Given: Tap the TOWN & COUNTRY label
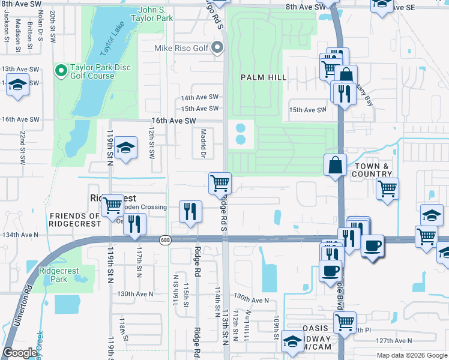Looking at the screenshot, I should coord(372,170).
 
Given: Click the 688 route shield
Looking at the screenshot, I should coord(165,240).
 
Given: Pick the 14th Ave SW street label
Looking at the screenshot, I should coord(200,97).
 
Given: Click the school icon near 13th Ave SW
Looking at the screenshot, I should coord(18,85).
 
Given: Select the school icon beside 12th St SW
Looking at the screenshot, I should coord(126,148).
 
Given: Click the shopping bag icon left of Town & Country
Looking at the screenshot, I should coord(334,165).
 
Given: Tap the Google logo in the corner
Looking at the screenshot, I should coord(20,353).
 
